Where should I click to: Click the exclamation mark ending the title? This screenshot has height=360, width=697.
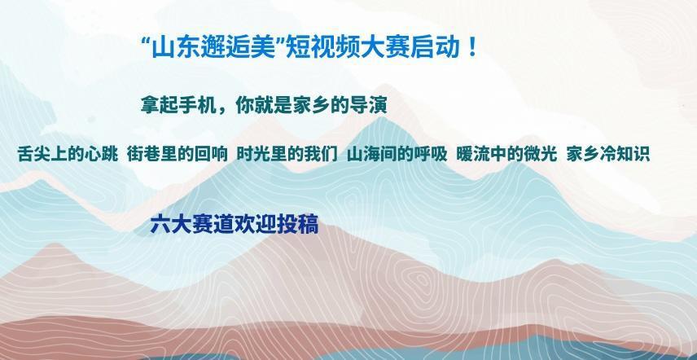[x=472, y=48]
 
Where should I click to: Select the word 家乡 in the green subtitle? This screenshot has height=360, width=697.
[x=313, y=105]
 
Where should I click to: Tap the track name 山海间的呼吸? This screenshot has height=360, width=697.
[x=397, y=154]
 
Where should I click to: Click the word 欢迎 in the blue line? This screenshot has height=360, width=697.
[x=252, y=225]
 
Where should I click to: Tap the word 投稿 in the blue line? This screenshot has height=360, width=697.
[x=301, y=225]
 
